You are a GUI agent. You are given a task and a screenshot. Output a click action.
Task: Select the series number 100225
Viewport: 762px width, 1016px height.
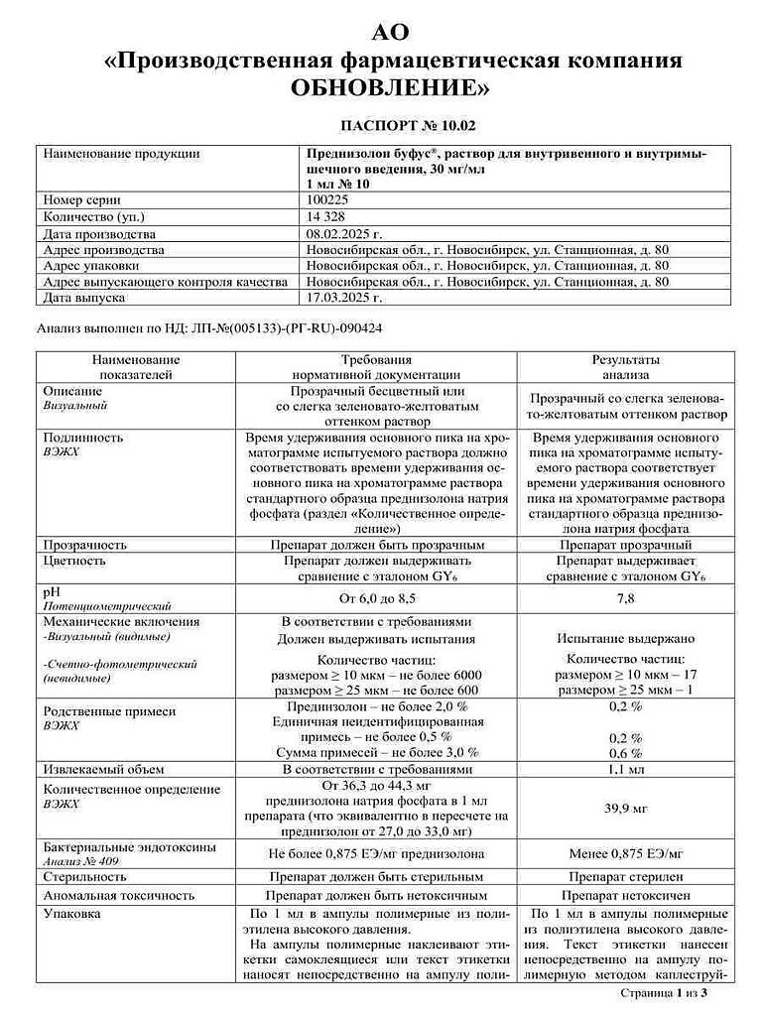(327, 199)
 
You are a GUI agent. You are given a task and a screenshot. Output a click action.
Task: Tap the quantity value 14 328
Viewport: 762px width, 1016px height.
(326, 217)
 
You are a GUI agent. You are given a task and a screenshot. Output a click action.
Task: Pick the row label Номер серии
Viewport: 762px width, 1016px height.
(82, 199)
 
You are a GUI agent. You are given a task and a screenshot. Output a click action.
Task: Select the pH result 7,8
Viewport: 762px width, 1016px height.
(626, 597)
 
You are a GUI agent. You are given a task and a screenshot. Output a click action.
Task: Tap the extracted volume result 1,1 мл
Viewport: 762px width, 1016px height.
(626, 769)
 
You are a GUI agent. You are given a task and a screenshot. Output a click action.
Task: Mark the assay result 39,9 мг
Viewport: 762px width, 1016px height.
(626, 810)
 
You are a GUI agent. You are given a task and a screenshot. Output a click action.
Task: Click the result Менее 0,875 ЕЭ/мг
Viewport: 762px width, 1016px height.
(626, 852)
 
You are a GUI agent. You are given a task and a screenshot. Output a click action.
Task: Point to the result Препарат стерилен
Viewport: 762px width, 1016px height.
(626, 877)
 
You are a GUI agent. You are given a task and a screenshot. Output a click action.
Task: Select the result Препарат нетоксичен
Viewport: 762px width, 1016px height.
(626, 895)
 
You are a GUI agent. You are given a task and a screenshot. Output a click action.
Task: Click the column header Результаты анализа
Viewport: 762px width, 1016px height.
(626, 367)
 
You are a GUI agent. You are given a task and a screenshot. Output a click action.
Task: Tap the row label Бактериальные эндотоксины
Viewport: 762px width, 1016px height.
(117, 846)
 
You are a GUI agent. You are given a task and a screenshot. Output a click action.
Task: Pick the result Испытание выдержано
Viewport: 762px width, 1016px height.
(626, 640)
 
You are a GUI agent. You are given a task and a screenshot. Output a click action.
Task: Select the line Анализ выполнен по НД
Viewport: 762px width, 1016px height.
(210, 325)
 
